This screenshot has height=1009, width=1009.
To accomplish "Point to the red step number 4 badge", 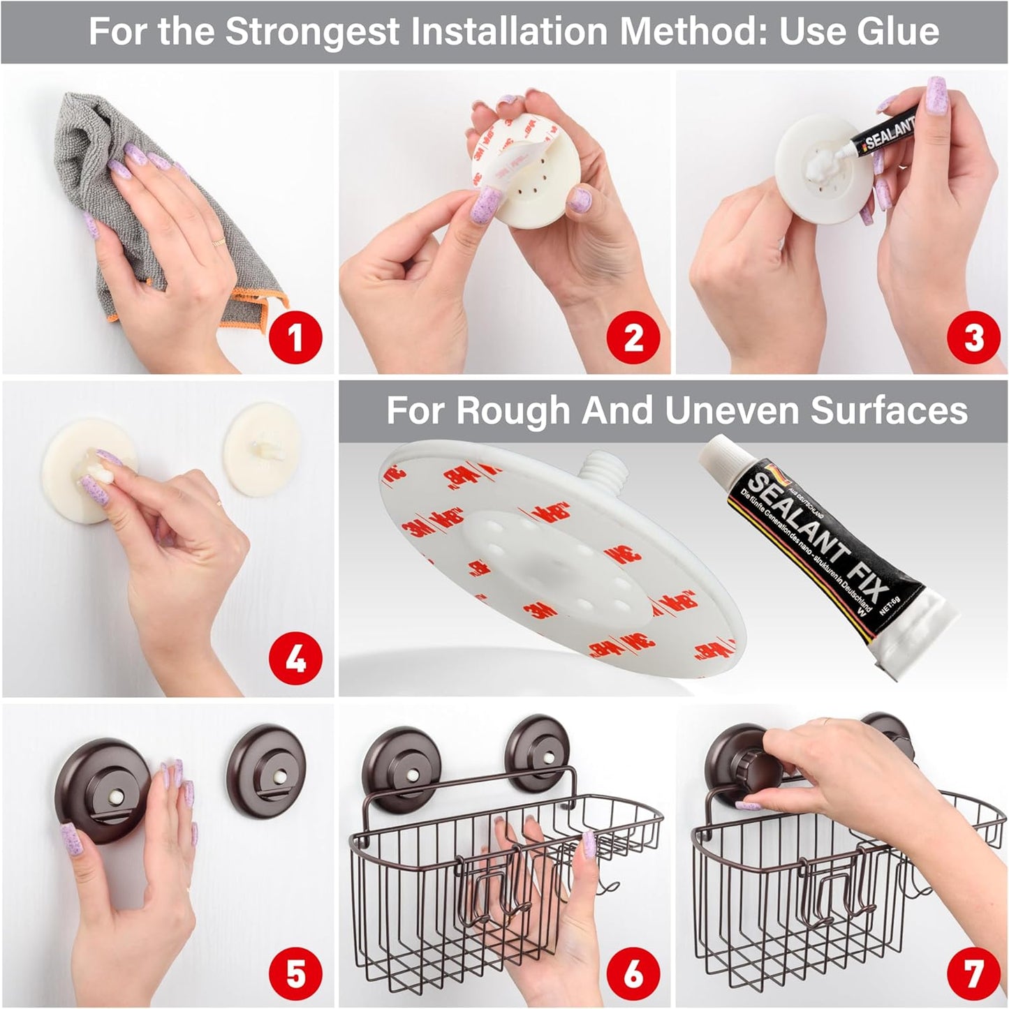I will click(295, 658).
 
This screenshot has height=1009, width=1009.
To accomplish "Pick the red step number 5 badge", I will click(295, 973).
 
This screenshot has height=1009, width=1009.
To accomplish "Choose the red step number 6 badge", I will click(633, 973).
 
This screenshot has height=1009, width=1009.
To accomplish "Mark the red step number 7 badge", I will click(973, 973).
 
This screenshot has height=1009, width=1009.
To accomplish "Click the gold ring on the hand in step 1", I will click(218, 241).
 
